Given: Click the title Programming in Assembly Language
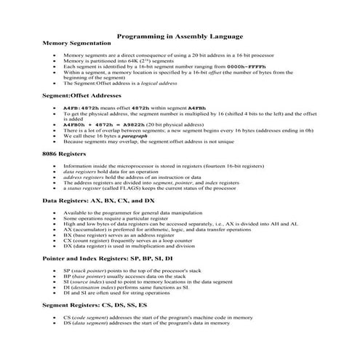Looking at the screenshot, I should [180, 36].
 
